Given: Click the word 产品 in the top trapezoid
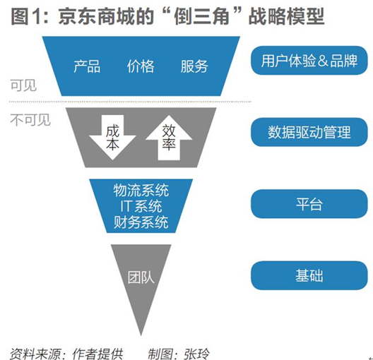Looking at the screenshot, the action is click(87, 66).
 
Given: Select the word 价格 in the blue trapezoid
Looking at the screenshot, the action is click(141, 66).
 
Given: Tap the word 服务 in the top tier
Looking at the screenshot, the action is click(194, 66).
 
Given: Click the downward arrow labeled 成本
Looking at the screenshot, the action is click(112, 138).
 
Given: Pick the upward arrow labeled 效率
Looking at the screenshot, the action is click(169, 138).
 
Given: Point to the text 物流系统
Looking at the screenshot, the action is click(141, 191).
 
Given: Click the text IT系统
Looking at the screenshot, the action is click(141, 206).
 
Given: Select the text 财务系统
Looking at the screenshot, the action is click(141, 222).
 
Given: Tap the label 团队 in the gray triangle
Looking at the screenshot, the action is click(141, 277).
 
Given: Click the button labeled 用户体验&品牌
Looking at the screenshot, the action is click(309, 61).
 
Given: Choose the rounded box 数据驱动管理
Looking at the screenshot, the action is click(309, 132).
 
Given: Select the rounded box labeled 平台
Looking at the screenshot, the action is click(309, 204).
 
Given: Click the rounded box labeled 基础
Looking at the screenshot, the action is click(309, 275).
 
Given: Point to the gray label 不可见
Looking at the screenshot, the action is click(30, 120).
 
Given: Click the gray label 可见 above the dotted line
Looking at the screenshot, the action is click(23, 85).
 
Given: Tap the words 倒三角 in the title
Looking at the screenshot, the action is click(201, 16).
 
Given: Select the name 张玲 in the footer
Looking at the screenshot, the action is click(196, 354).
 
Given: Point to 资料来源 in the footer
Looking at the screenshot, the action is click(35, 354).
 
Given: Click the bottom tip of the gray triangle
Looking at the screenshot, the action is click(141, 335).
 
